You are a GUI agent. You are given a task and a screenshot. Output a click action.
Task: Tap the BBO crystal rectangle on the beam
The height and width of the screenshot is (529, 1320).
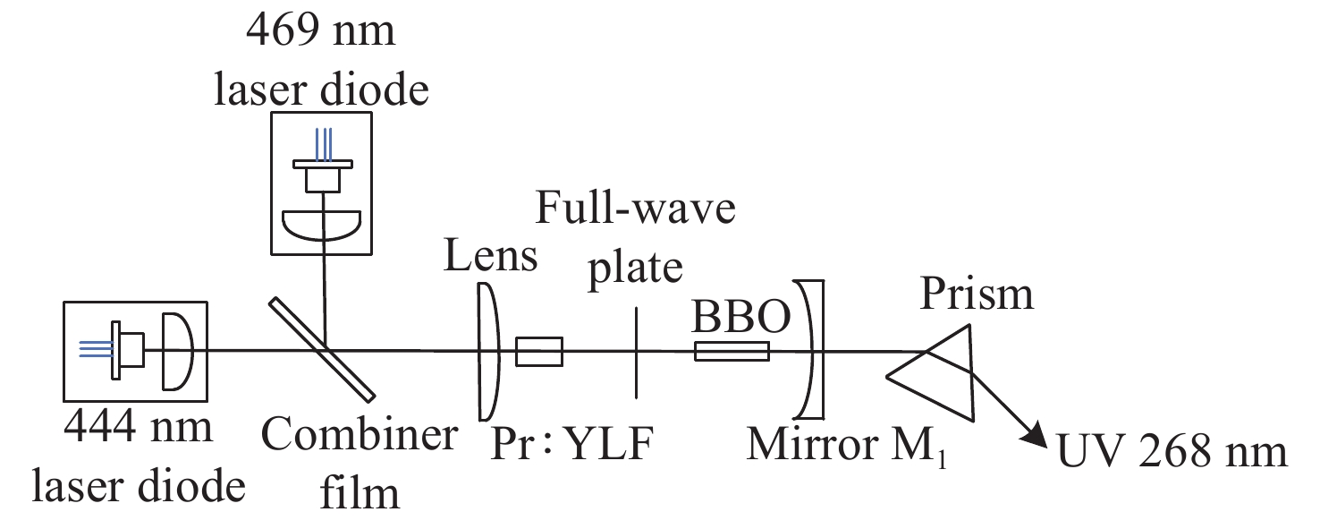pyautogui.click(x=732, y=352)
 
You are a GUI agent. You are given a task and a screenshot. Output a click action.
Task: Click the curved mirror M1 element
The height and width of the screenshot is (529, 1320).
pyautogui.click(x=813, y=350)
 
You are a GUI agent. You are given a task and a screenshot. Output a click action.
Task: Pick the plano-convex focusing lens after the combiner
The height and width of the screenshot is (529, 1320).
pyautogui.click(x=487, y=351)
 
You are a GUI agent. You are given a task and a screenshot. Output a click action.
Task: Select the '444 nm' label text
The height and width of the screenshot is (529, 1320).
pyautogui.click(x=140, y=431)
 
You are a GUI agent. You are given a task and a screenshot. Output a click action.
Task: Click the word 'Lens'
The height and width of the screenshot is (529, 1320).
pyautogui.click(x=491, y=256)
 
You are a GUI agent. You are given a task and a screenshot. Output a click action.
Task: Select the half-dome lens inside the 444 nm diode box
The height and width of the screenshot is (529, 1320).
pyautogui.click(x=176, y=351)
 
